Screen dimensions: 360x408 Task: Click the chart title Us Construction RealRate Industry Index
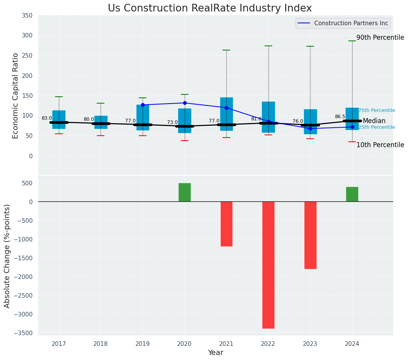click(x=210, y=8)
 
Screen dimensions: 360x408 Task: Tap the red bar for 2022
click(x=268, y=265)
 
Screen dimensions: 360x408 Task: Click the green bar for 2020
click(x=185, y=192)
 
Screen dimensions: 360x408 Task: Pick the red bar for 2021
click(x=226, y=224)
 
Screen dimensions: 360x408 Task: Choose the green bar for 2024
click(x=352, y=194)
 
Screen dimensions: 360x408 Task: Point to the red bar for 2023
click(x=310, y=235)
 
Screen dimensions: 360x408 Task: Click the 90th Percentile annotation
click(x=380, y=37)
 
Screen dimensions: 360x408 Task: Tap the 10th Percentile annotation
click(x=380, y=145)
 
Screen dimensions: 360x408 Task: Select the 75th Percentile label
click(x=377, y=110)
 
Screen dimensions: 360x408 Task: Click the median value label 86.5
click(x=340, y=117)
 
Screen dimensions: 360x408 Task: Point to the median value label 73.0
click(x=172, y=122)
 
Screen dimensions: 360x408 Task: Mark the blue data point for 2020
click(x=185, y=103)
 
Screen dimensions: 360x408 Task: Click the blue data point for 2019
click(x=143, y=105)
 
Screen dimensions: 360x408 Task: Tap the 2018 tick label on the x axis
click(x=101, y=344)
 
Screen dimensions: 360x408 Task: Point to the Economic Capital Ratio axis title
click(x=16, y=96)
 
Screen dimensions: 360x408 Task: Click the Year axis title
click(x=216, y=353)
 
